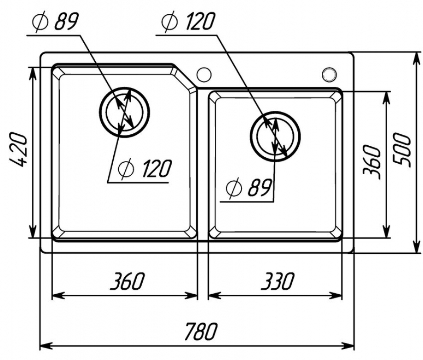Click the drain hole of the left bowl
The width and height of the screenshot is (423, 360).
pyautogui.click(x=125, y=111)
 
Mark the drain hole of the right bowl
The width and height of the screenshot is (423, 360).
pyautogui.click(x=275, y=135)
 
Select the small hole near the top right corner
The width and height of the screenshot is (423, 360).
pyautogui.click(x=329, y=73)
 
